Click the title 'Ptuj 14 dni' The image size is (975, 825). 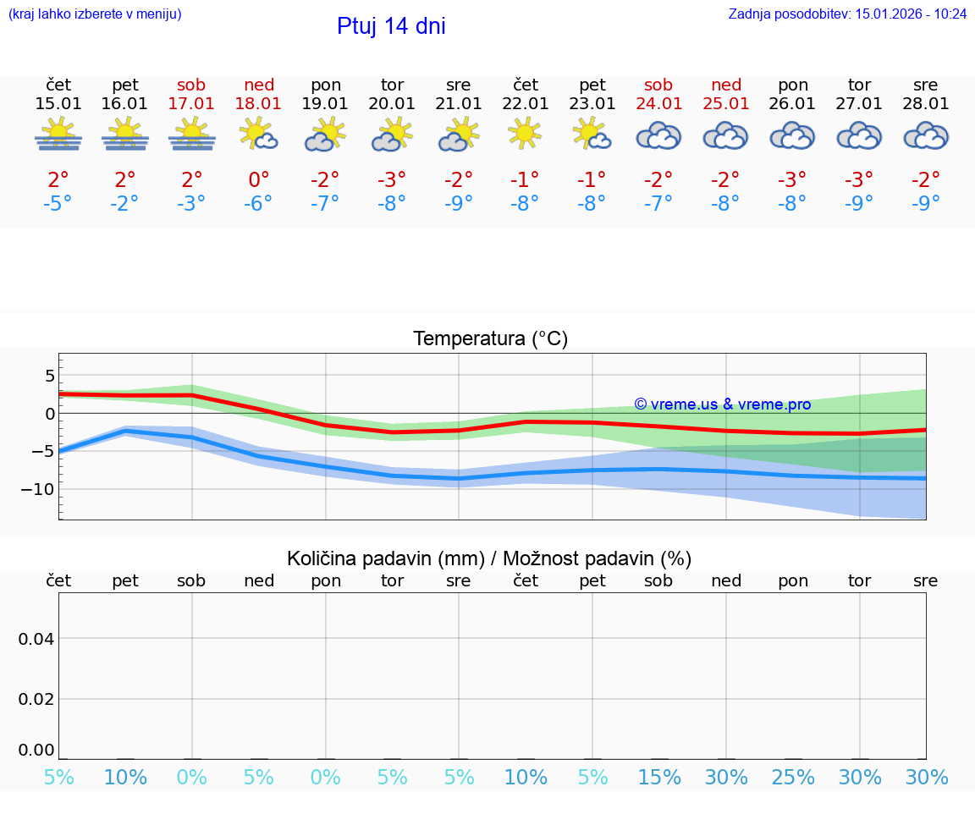[x=391, y=26]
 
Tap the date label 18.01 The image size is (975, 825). [x=259, y=104]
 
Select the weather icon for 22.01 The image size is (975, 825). [x=526, y=134]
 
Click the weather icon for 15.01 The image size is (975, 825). [x=58, y=134]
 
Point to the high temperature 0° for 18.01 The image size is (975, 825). [x=259, y=179]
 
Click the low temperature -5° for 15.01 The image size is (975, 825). [x=58, y=203]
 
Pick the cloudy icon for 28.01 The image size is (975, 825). [x=926, y=135]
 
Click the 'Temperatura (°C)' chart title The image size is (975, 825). [x=490, y=339]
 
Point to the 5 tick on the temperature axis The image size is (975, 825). [x=50, y=376]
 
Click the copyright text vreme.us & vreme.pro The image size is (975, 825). [x=722, y=404]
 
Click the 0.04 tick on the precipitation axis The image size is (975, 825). [x=36, y=639]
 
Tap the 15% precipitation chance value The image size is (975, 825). [x=659, y=778]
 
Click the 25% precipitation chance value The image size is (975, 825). [x=793, y=778]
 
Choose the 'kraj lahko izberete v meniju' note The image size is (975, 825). [x=95, y=14]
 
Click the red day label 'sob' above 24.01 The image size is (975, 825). [x=658, y=85]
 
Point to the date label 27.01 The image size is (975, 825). [x=859, y=104]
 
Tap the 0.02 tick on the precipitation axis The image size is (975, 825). [x=36, y=699]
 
